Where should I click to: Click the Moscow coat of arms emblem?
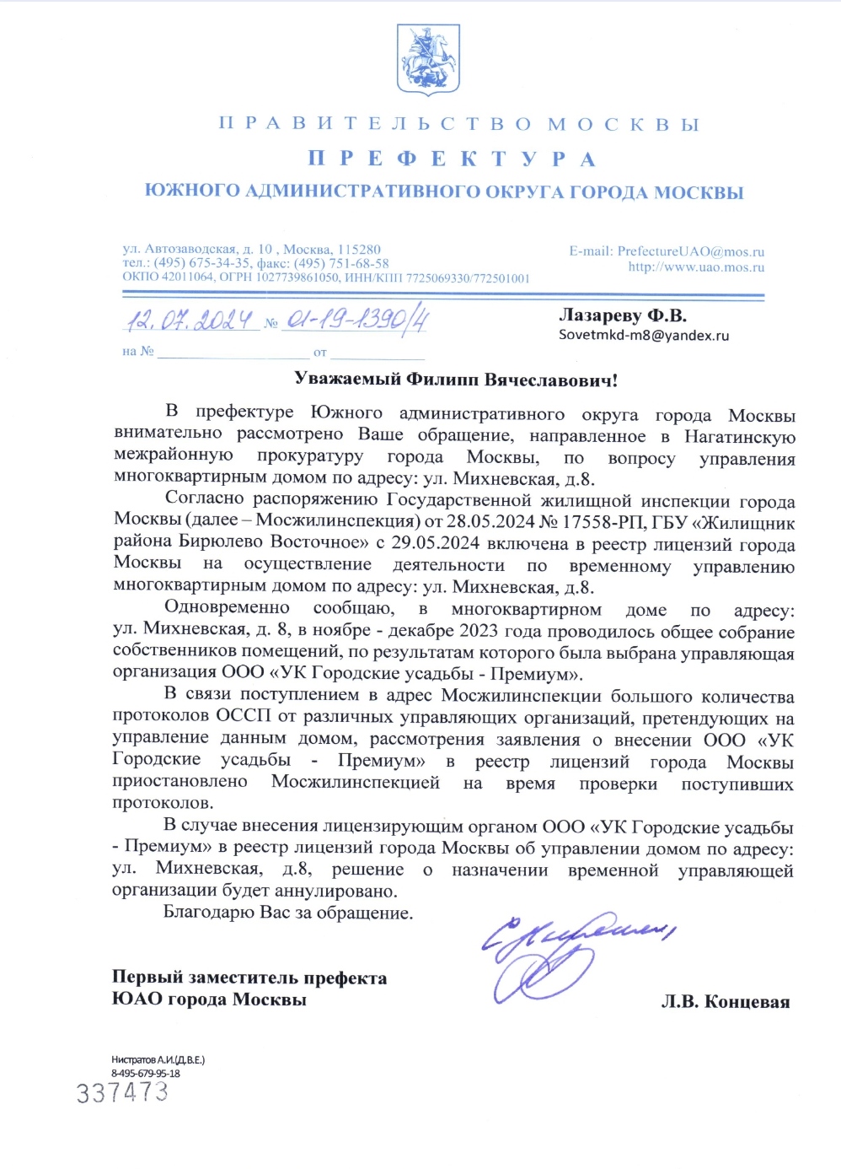coord(427,59)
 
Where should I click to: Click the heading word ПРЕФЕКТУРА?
coord(452,159)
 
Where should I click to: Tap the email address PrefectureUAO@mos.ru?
coord(690,251)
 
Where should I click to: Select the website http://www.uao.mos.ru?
coord(696,267)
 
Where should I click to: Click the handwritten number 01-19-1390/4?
coord(357,321)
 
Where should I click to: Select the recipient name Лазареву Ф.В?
coord(623,315)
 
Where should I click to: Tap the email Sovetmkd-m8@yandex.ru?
coord(644,335)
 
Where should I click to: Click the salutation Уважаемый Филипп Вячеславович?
coord(456,380)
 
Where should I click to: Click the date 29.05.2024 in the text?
coord(436,544)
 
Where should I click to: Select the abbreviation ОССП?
coord(244,717)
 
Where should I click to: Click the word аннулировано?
coord(335,891)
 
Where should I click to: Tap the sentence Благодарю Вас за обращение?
coord(288,913)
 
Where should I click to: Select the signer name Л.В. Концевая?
coord(725,1002)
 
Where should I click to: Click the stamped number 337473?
coord(123,1093)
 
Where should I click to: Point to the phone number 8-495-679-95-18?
coord(146,1073)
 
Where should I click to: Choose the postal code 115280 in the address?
coord(359,250)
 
